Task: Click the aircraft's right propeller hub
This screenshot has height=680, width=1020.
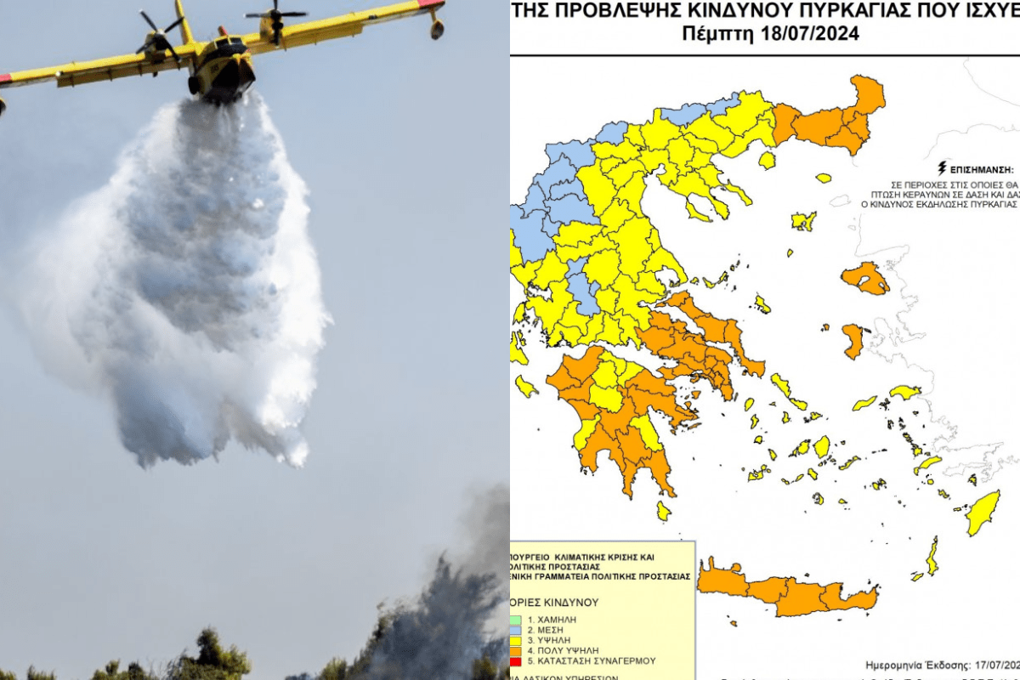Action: [276, 15]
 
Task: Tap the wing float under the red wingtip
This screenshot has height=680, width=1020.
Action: [436, 27]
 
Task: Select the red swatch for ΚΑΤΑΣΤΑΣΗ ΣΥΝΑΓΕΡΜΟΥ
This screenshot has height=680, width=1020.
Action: [517, 660]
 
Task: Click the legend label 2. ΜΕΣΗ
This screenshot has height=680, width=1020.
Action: [544, 630]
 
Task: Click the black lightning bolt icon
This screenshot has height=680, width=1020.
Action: [941, 167]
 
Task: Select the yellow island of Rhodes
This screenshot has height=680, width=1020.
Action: [985, 513]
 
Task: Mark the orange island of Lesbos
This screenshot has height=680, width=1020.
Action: [865, 279]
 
